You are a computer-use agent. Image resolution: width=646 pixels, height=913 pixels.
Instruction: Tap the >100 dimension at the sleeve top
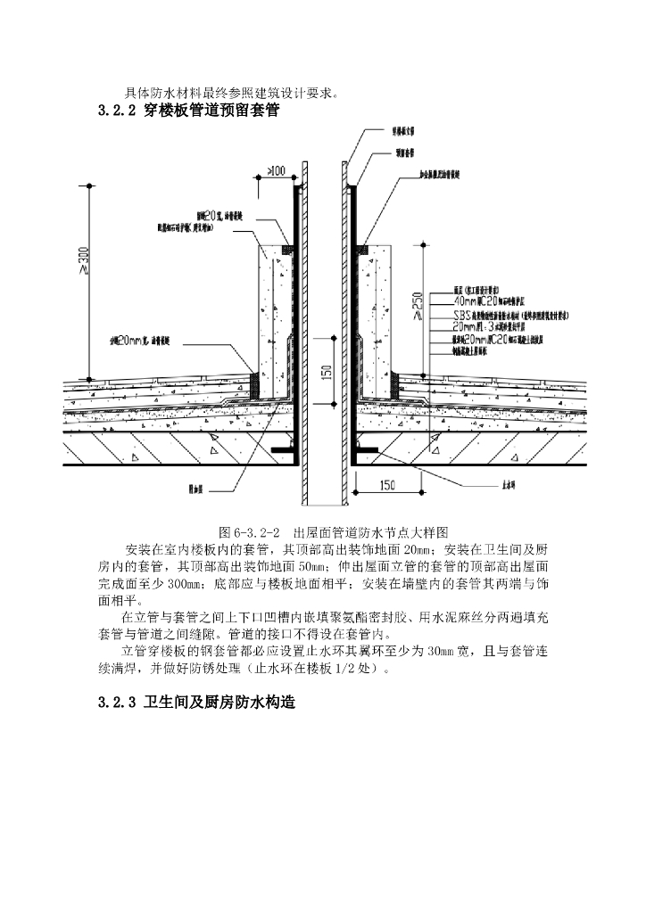(276, 170)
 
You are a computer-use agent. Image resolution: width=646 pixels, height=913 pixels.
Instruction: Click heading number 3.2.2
(115, 111)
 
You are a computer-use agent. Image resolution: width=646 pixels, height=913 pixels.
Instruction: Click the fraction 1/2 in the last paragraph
(355, 669)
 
